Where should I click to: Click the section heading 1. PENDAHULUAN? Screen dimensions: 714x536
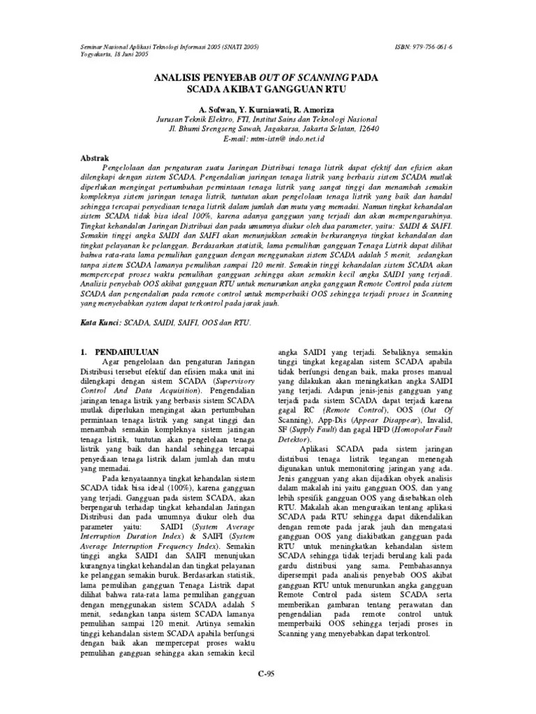tap(120, 352)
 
